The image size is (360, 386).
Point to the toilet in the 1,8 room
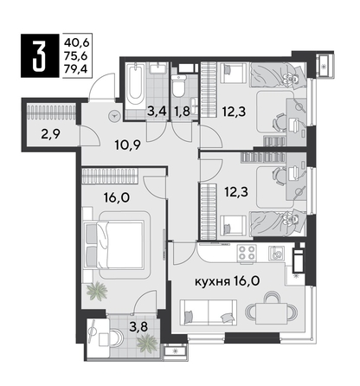tap(179, 87)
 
